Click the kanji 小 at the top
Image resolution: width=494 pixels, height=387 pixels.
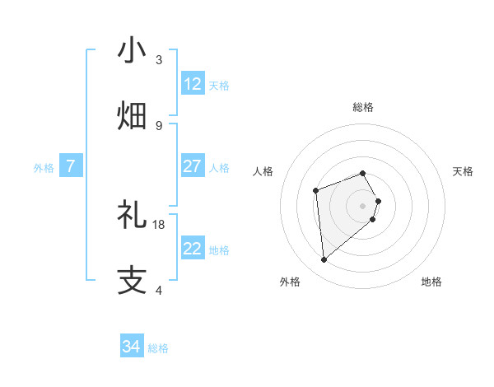pos(132,50)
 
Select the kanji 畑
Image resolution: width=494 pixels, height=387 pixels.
pos(132,115)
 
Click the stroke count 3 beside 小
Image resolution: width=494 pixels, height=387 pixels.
pos(159,60)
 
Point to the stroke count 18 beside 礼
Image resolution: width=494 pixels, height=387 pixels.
pos(159,224)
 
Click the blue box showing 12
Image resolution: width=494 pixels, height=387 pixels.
pos(193,84)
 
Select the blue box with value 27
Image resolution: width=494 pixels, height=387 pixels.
pos(193,166)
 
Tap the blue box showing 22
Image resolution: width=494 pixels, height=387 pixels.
pos(193,249)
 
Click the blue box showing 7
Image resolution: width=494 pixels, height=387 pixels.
pos(71,166)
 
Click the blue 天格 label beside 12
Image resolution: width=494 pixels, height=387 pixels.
pos(219,85)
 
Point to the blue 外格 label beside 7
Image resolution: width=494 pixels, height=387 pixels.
pos(44,167)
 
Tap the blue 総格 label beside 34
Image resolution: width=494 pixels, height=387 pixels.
pos(158,347)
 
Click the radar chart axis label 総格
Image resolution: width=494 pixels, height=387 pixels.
pos(363,107)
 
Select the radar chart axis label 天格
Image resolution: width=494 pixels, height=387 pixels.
pos(463,171)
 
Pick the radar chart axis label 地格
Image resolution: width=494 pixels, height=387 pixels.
pos(431,282)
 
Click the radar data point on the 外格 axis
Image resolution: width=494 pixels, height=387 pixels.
pos(324,260)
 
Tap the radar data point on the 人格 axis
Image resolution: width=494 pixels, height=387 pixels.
pos(315,191)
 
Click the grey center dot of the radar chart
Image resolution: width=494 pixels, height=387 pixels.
pos(363,206)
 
